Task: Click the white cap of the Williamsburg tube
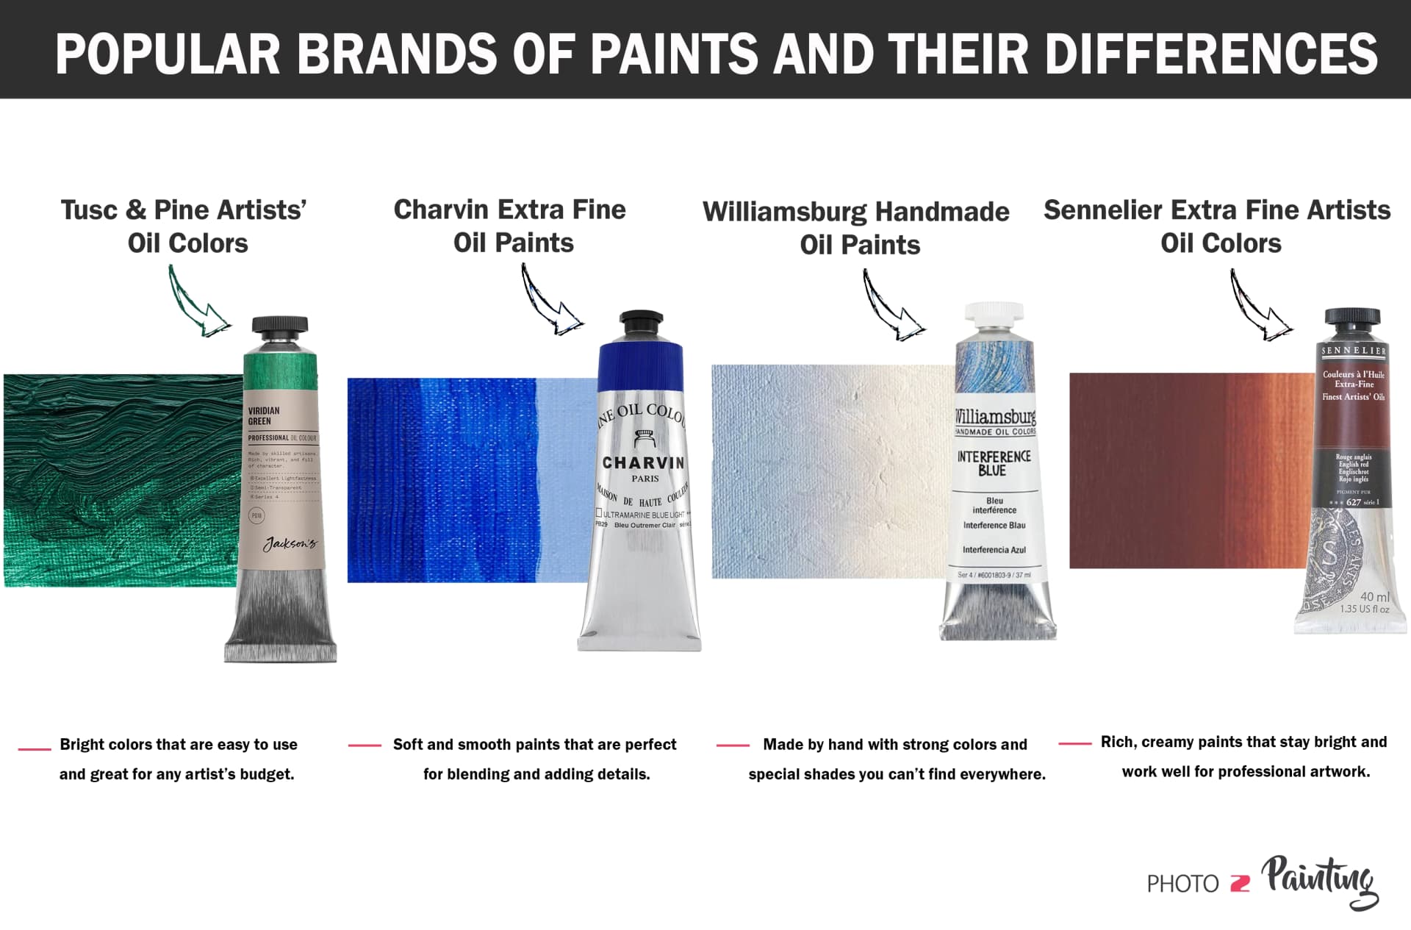pos(994,314)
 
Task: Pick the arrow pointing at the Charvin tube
pos(551,301)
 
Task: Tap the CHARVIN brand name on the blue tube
pos(643,463)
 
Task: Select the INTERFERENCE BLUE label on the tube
pos(994,463)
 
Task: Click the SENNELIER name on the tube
pos(1354,351)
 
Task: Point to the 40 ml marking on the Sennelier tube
pos(1374,597)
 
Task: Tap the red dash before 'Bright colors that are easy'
pos(34,748)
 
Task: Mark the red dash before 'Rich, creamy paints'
pos(1074,743)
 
